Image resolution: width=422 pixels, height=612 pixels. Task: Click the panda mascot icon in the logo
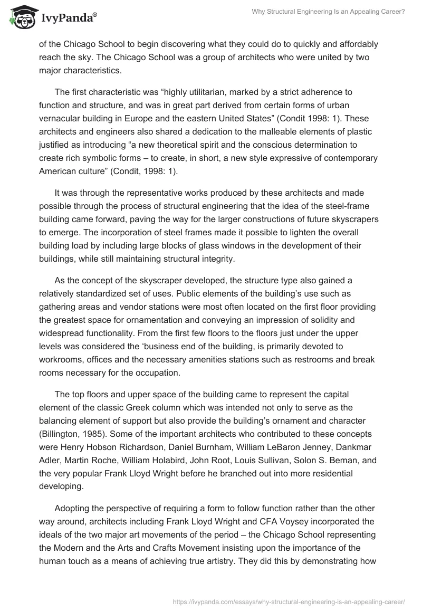click(x=21, y=17)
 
